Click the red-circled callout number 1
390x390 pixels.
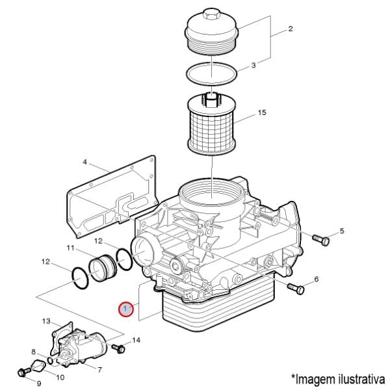click(125, 309)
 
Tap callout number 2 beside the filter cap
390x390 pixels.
click(291, 29)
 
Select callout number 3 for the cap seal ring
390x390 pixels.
click(254, 65)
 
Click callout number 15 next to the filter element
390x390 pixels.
click(261, 113)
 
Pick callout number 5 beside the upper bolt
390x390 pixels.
click(342, 231)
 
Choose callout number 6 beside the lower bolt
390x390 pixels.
click(317, 279)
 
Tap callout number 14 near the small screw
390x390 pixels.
click(136, 340)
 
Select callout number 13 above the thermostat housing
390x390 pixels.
click(46, 321)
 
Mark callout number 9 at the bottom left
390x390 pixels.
click(38, 383)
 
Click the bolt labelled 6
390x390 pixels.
click(296, 287)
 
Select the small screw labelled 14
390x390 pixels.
click(118, 349)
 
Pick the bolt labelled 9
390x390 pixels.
click(24, 372)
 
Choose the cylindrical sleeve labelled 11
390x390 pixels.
click(101, 267)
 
